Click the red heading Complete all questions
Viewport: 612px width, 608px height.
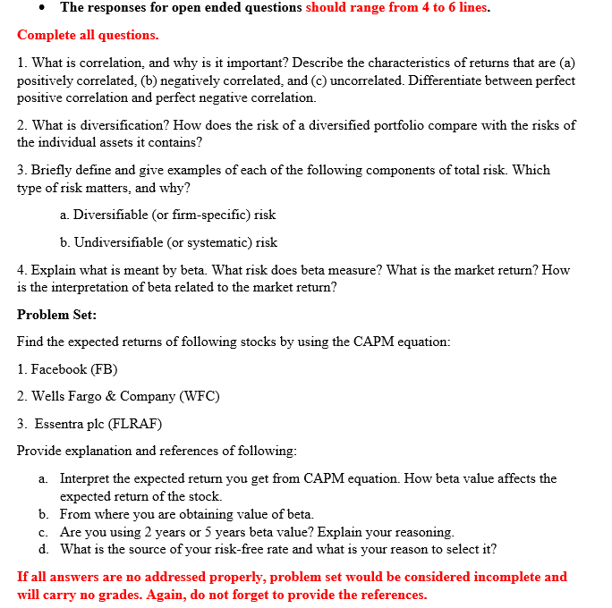coord(88,35)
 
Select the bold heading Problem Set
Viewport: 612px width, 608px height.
coord(57,315)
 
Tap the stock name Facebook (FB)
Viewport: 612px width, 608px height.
coord(74,369)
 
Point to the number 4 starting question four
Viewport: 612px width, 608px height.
coord(21,270)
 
